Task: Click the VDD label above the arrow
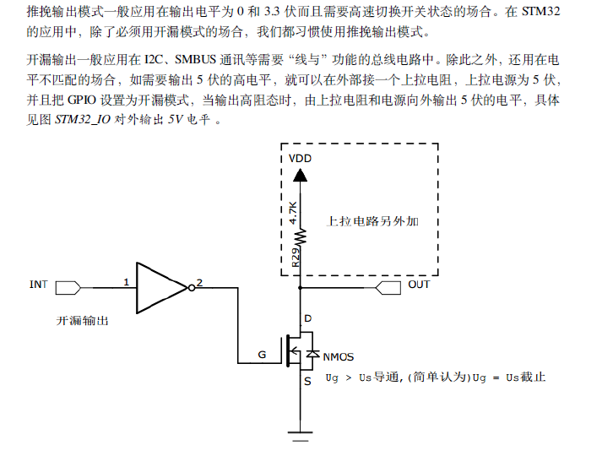(x=300, y=159)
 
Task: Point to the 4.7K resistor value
(x=293, y=212)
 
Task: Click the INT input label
(x=39, y=285)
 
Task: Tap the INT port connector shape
(x=68, y=288)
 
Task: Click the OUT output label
(x=419, y=285)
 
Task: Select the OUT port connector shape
(x=388, y=288)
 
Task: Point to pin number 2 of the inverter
(x=199, y=283)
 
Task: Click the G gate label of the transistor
(x=262, y=355)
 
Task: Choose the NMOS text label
(x=339, y=357)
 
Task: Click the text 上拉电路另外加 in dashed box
(x=372, y=221)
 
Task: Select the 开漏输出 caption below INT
(x=82, y=321)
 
